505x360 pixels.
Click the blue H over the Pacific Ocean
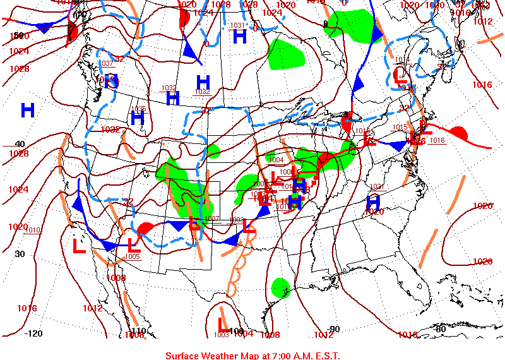(x=28, y=111)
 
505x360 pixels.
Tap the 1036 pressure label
(x=140, y=109)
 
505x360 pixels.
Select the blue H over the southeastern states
(x=373, y=202)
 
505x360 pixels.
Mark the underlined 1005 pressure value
(x=133, y=256)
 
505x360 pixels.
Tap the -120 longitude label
(x=33, y=333)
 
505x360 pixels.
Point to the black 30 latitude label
(x=20, y=254)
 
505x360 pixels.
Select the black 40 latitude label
(x=20, y=144)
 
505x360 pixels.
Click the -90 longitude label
(x=334, y=329)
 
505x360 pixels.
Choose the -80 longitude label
(x=440, y=329)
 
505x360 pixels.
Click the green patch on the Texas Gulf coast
(x=280, y=287)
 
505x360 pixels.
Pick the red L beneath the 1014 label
(x=399, y=75)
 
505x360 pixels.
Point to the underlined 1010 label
(x=33, y=230)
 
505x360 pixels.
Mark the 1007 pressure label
(x=212, y=219)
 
